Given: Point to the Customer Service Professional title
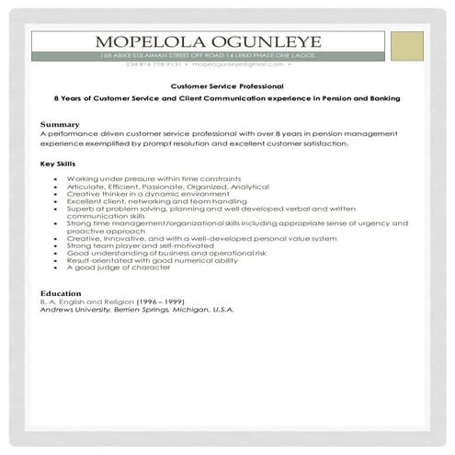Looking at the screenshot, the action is coord(221,85).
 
